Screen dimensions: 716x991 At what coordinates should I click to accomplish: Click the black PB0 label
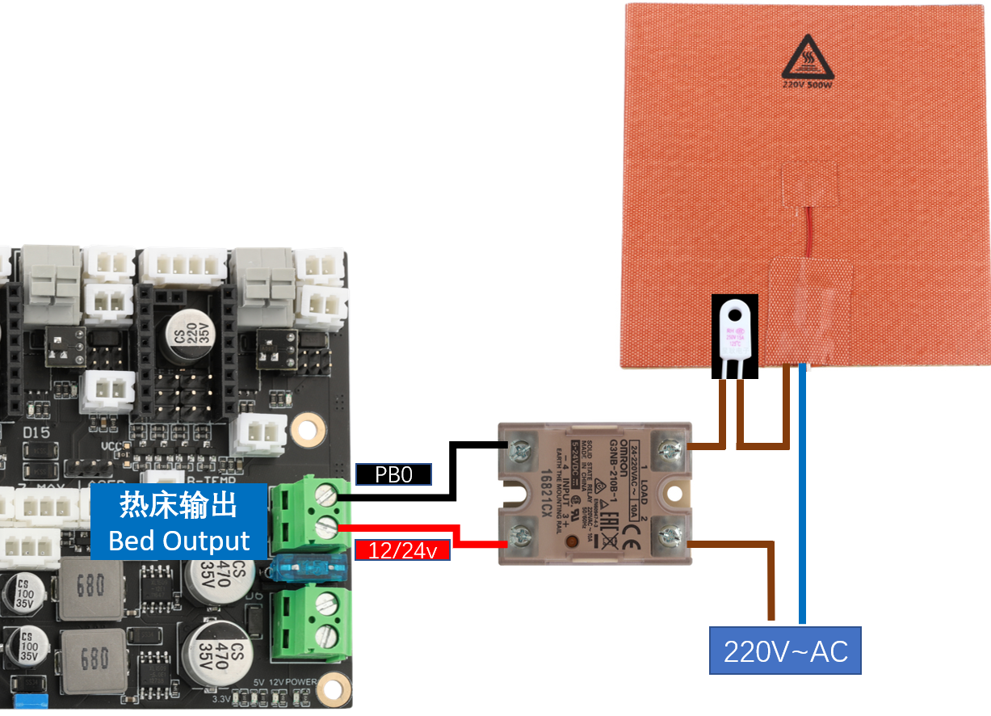(x=394, y=474)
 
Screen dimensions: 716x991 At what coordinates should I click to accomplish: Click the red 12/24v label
(x=401, y=551)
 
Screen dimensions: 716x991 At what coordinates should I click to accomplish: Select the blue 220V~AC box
(x=785, y=651)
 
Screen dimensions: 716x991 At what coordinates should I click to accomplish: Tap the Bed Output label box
(x=178, y=521)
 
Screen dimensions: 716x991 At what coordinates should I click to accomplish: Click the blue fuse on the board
(x=311, y=571)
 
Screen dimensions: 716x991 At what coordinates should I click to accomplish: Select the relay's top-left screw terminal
(x=519, y=445)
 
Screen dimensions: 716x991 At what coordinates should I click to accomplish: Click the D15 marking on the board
(x=36, y=433)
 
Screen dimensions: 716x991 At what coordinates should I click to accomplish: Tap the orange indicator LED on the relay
(x=573, y=541)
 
